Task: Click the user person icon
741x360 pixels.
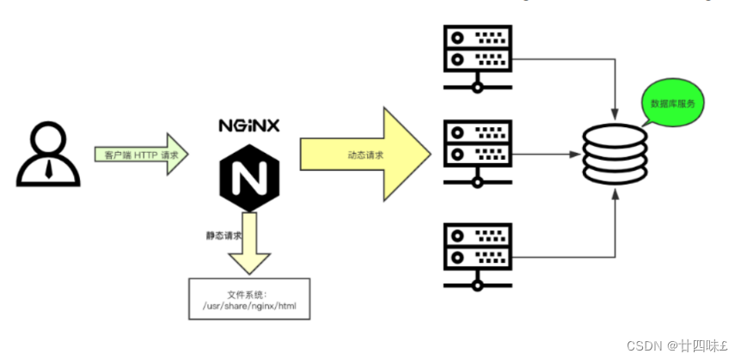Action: [x=47, y=155]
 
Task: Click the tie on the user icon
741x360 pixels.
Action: [x=48, y=167]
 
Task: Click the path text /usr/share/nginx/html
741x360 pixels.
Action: [x=248, y=305]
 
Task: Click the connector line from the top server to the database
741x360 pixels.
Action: [x=567, y=58]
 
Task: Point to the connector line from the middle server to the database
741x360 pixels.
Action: [x=546, y=155]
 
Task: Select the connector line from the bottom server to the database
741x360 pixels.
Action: [x=567, y=256]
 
